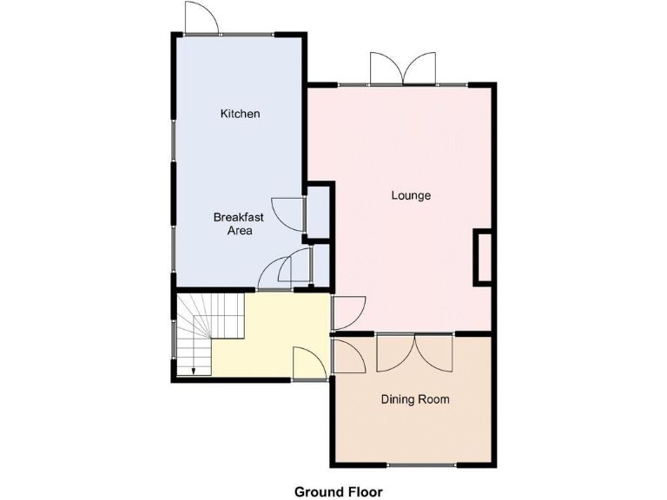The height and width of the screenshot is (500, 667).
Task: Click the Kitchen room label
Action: (240, 114)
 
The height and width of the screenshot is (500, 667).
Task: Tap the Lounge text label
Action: (411, 195)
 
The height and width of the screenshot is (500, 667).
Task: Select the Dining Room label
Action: (415, 399)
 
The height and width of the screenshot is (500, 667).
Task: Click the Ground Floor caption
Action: (338, 491)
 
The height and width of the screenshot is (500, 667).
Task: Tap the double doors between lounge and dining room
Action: (415, 352)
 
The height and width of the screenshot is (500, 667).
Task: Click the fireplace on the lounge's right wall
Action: (482, 257)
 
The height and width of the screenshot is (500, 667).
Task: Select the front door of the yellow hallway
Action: (308, 363)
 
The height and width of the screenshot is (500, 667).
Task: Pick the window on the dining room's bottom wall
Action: (420, 466)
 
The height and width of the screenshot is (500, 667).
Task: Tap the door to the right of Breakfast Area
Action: (289, 213)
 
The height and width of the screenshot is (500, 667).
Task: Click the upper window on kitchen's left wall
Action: (174, 139)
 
